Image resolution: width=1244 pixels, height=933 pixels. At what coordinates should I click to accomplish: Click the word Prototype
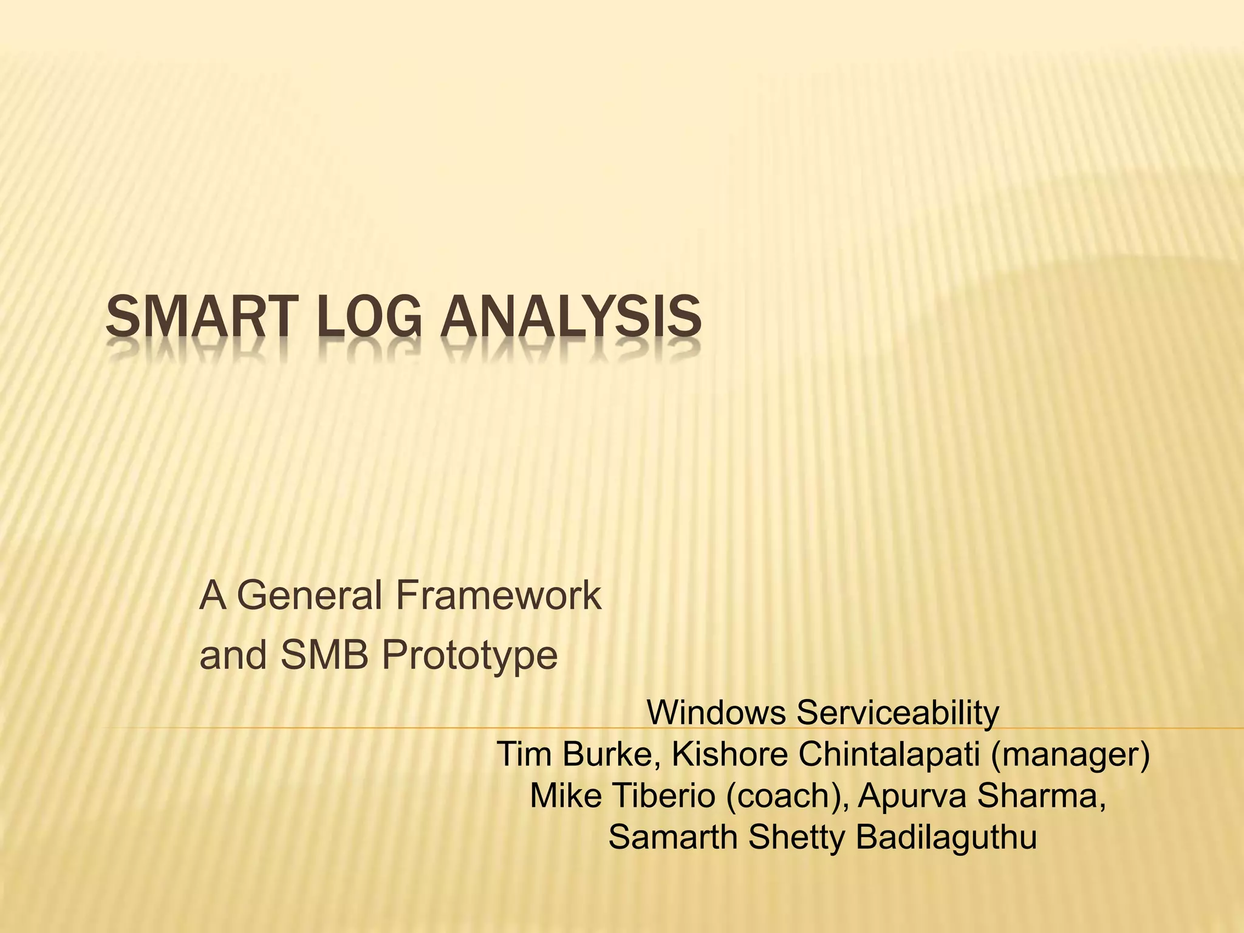tap(470, 656)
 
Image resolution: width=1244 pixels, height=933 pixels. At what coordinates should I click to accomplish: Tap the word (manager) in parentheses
tap(1070, 756)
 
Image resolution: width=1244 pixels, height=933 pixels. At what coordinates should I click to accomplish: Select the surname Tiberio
tap(664, 796)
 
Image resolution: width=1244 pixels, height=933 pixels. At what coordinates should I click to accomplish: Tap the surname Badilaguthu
tap(946, 838)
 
